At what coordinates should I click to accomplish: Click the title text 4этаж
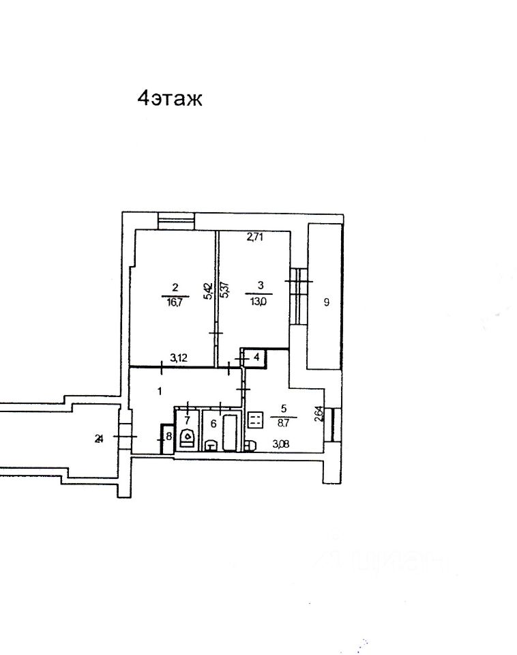[171, 99]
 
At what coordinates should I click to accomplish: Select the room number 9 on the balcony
[326, 303]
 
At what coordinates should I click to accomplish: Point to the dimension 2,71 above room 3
[255, 237]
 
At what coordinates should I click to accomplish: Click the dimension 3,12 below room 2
[179, 357]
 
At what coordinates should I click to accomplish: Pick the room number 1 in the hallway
[160, 391]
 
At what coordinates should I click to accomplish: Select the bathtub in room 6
[230, 431]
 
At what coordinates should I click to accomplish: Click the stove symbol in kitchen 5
[256, 420]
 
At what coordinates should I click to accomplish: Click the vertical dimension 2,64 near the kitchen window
[318, 416]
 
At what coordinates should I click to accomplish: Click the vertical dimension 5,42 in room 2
[209, 291]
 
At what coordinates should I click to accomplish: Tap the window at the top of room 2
[175, 221]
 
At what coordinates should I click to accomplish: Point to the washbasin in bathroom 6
[211, 446]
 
